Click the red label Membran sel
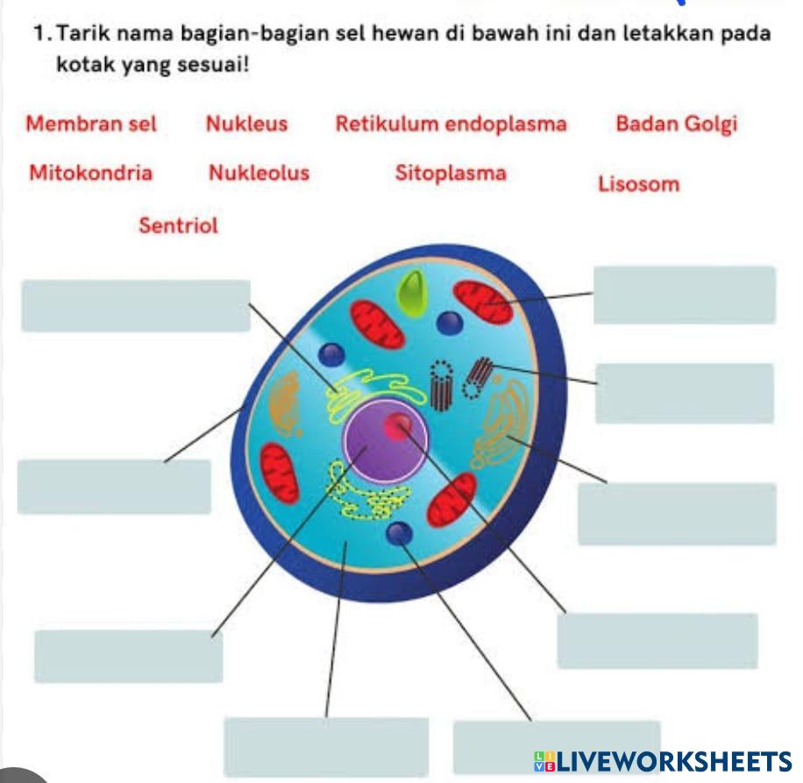tap(91, 124)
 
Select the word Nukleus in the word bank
tap(246, 124)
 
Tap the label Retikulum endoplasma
tap(451, 124)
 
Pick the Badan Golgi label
tap(676, 124)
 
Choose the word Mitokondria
tap(90, 173)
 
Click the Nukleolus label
tap(259, 173)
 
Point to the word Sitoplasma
tap(450, 173)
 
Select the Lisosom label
tap(638, 184)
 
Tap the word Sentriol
tap(178, 225)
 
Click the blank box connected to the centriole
tap(684, 393)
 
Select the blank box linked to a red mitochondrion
tap(684, 295)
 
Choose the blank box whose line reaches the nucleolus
tap(657, 640)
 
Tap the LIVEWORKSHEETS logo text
tap(665, 760)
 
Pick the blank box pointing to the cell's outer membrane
tap(114, 487)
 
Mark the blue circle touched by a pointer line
tap(400, 532)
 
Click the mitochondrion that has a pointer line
tap(483, 302)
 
